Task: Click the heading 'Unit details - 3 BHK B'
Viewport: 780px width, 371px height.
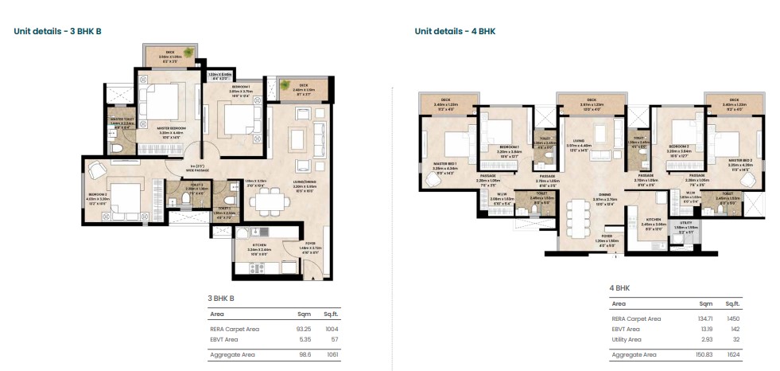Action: (x=57, y=31)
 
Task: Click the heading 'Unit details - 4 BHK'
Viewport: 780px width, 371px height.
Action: (x=455, y=31)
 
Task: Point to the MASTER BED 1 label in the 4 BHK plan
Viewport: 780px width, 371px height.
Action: (x=442, y=165)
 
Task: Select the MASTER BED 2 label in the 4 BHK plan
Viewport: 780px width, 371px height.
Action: (x=732, y=164)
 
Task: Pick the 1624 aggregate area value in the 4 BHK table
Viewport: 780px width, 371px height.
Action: (x=732, y=354)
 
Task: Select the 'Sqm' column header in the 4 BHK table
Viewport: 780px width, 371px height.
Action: (x=704, y=303)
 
